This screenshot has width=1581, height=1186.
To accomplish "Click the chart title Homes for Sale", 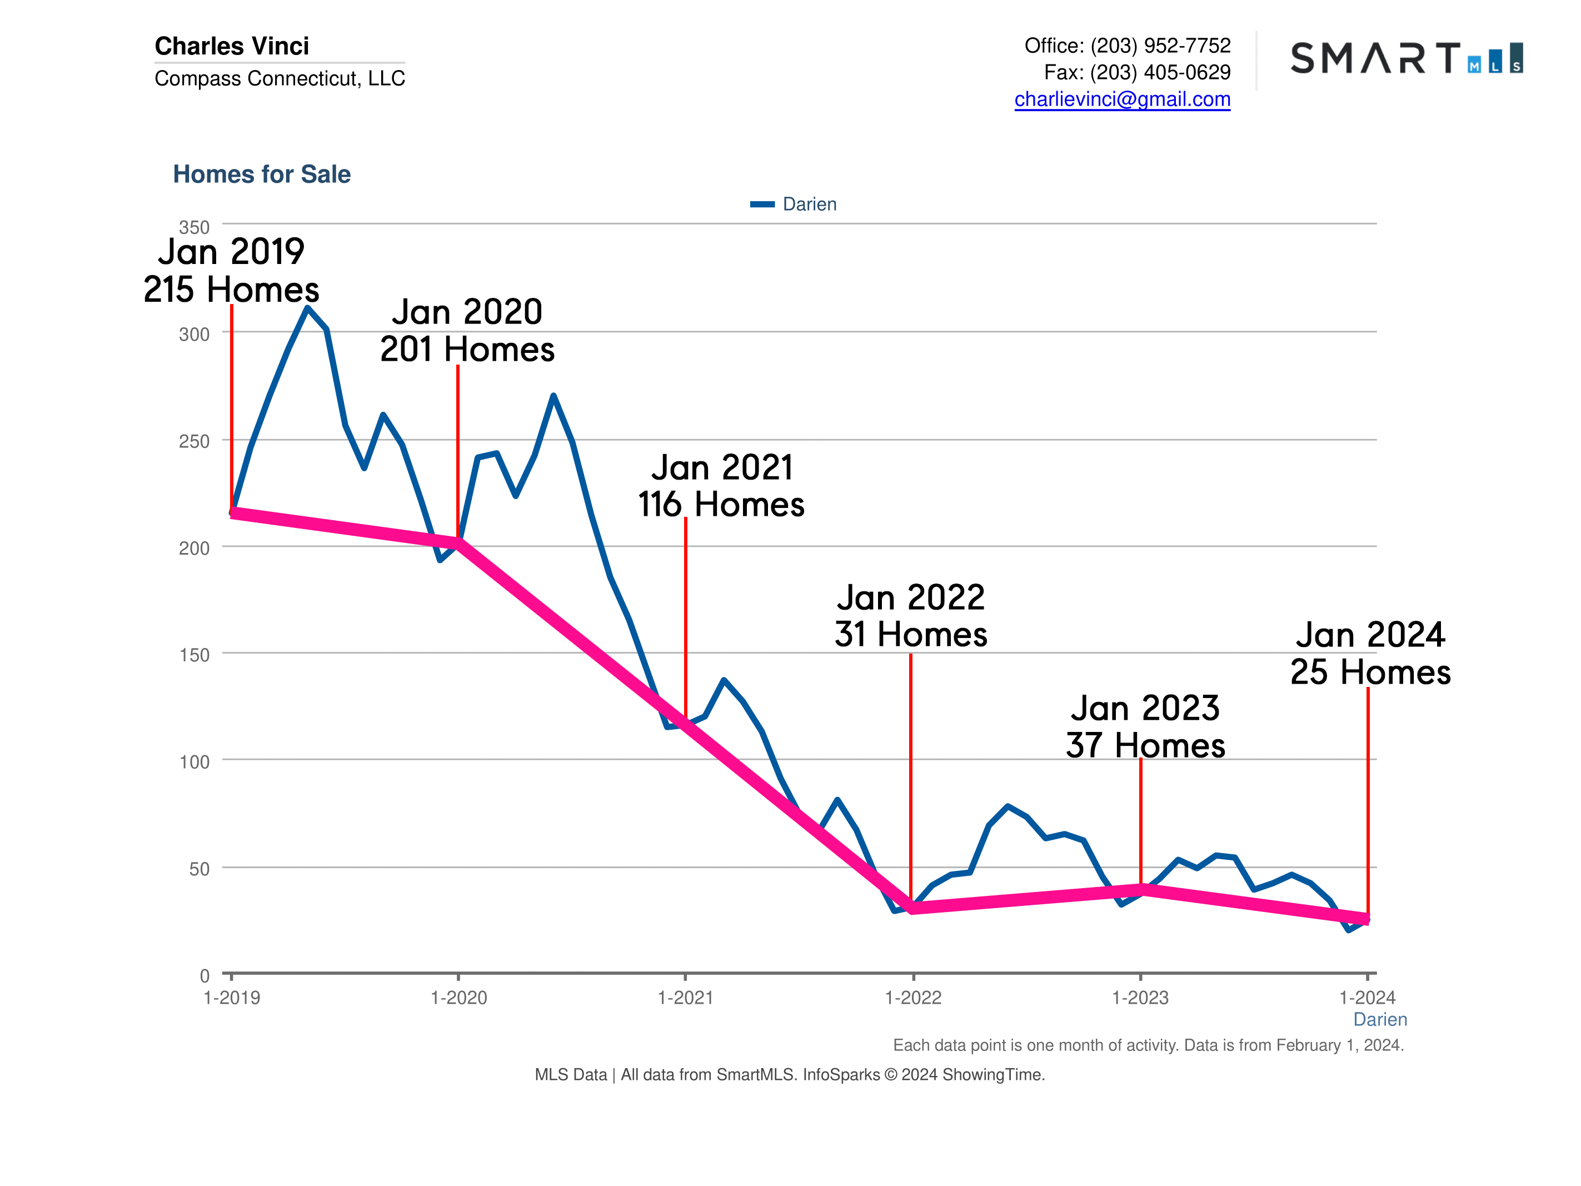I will click(x=262, y=175).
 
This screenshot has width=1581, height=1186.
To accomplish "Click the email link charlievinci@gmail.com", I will click(x=1122, y=99).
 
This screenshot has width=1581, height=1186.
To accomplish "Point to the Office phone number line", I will click(x=1127, y=46).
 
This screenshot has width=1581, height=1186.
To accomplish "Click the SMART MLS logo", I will click(x=1406, y=58).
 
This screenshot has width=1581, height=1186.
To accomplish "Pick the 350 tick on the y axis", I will click(x=194, y=227).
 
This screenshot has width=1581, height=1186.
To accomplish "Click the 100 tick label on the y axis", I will click(x=194, y=762).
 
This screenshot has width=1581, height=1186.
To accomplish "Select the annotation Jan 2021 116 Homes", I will click(x=721, y=486).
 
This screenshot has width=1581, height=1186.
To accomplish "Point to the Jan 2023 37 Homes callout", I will click(x=1145, y=727).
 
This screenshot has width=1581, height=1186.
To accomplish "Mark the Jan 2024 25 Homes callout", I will click(x=1370, y=654).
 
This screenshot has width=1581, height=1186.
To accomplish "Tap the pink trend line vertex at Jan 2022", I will click(x=912, y=908).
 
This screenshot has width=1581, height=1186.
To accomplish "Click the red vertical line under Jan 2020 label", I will click(x=458, y=450).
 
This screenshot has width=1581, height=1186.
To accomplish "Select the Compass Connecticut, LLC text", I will click(x=280, y=78).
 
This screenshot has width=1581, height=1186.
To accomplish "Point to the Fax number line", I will click(x=1136, y=72).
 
